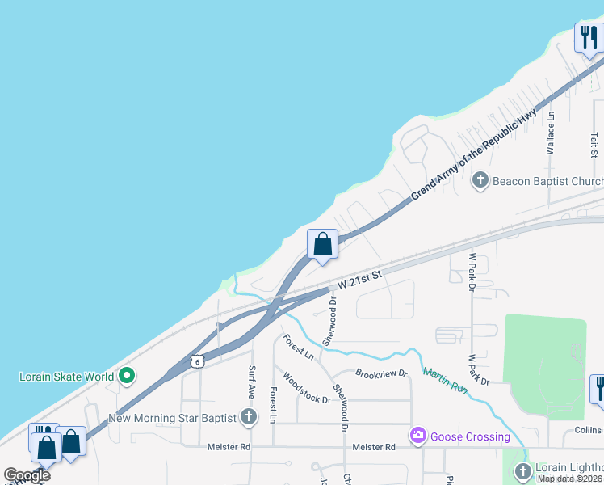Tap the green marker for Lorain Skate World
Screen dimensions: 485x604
127,377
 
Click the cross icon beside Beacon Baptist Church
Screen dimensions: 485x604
480,180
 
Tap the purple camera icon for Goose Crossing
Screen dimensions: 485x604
417,436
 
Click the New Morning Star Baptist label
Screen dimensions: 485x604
172,418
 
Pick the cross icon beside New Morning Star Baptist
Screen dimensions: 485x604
249,418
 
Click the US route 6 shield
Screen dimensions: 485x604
197,361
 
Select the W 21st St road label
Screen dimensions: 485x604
360,280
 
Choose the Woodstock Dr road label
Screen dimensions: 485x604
306,388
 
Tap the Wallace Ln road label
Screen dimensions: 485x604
551,133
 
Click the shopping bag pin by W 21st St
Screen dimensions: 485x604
322,244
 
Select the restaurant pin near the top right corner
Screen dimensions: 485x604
589,37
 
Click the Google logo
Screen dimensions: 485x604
27,475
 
